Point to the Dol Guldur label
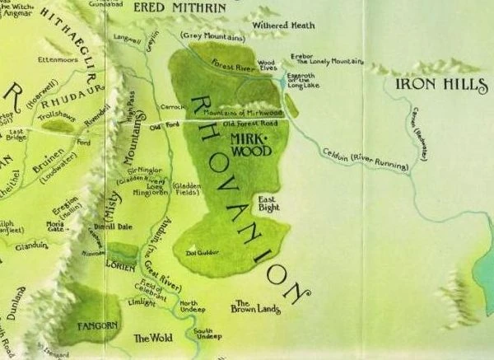click(x=203, y=253)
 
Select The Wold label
click(x=150, y=338)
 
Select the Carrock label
click(x=170, y=106)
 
